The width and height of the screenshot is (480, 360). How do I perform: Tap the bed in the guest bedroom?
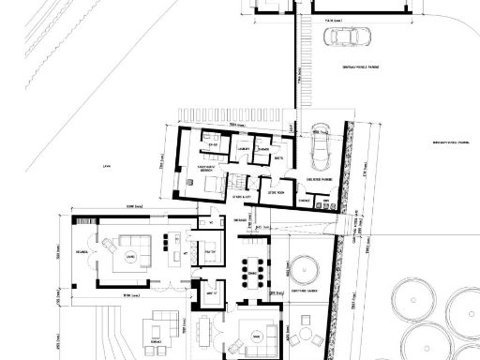pos(212,185)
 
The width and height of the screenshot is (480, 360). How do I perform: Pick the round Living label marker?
pos(131,255)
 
